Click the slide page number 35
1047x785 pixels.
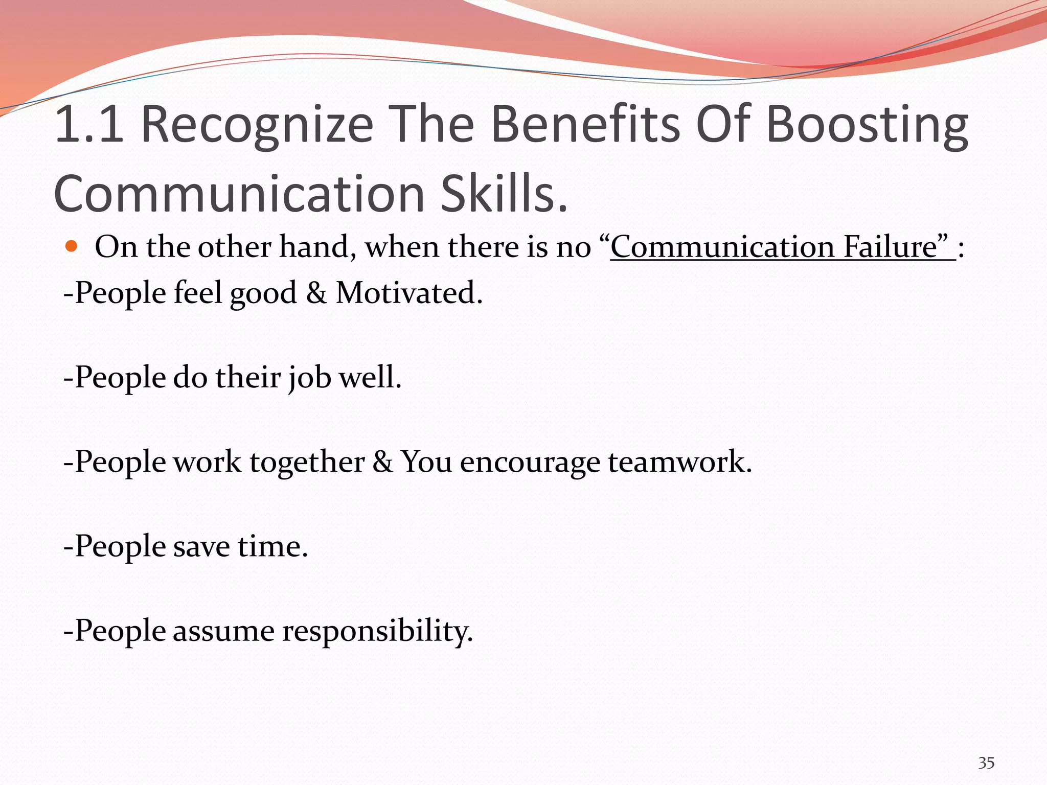pos(986,763)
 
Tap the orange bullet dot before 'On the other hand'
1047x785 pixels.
pos(72,247)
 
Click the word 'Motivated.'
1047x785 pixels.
pos(409,293)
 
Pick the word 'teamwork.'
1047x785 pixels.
pos(680,462)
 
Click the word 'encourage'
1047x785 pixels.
pos(530,463)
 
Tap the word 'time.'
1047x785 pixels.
pos(272,546)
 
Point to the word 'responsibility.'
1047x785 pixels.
pos(377,632)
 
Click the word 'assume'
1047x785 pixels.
pos(223,632)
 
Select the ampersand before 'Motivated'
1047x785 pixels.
pos(316,293)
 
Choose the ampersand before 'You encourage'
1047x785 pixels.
pos(382,462)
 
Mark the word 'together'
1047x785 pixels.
pos(307,463)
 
